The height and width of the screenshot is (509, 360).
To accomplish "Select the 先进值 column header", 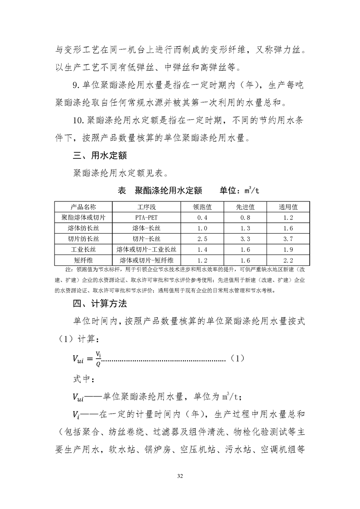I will click(245, 207).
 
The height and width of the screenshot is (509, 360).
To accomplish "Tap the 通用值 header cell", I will click(288, 207).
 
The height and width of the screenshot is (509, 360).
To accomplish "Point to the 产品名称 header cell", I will click(84, 207).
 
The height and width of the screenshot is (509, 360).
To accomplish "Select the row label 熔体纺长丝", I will click(84, 228).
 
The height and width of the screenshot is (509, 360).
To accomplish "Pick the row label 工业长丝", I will click(84, 250).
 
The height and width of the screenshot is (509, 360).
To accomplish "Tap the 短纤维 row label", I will click(84, 260).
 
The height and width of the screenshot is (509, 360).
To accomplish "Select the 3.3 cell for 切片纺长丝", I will click(245, 239).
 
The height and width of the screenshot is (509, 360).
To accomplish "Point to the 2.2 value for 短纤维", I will click(288, 260).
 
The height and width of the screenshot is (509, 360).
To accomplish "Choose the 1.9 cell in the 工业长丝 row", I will click(288, 250).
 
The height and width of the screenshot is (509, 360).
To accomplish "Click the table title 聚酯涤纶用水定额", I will click(168, 190).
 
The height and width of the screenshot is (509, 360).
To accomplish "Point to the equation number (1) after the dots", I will click(237, 358).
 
